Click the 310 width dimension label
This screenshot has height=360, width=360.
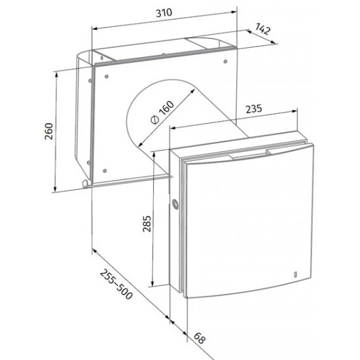tap(164, 13)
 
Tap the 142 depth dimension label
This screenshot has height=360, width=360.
tap(262, 29)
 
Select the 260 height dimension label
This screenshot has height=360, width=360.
tap(48, 132)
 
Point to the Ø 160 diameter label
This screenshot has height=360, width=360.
tap(162, 113)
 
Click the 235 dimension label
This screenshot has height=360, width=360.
tap(254, 109)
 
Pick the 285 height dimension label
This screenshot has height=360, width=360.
tap(147, 224)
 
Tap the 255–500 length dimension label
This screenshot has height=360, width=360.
tap(116, 284)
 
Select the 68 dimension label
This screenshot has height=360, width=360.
tap(199, 338)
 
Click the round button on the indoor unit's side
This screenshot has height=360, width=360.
tap(175, 204)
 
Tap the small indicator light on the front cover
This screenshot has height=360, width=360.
tap(295, 274)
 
